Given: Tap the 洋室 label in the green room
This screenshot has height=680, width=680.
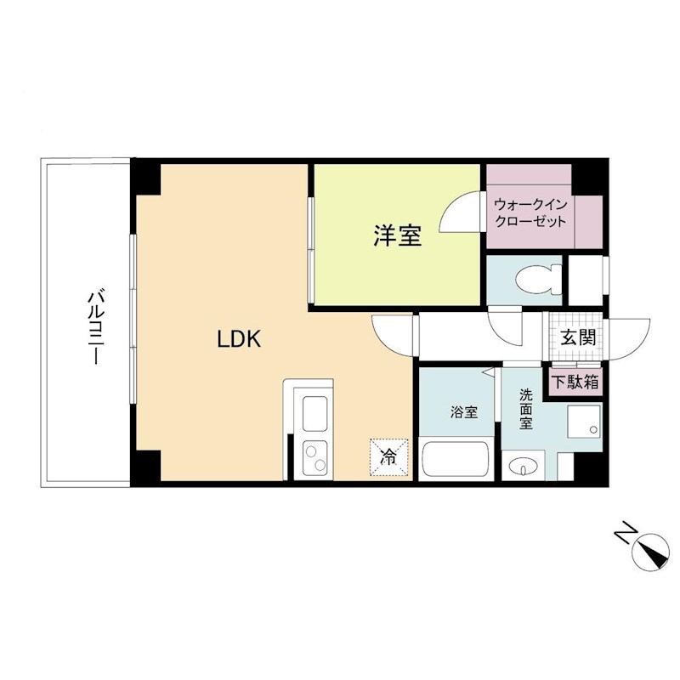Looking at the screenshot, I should [397, 235].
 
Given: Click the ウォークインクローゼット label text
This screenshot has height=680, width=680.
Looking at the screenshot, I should [530, 212].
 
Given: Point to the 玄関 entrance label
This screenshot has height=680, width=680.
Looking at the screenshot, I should [577, 337].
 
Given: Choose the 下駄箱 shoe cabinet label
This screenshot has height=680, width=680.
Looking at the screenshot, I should [575, 382].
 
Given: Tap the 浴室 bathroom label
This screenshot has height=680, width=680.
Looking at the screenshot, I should [463, 413].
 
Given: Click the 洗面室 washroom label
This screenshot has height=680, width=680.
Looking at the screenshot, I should [526, 408].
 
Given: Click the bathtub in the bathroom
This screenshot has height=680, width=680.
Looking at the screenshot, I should [454, 462].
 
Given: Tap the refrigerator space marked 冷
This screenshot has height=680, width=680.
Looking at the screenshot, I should [388, 456].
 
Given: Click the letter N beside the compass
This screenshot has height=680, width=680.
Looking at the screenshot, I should [625, 534].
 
